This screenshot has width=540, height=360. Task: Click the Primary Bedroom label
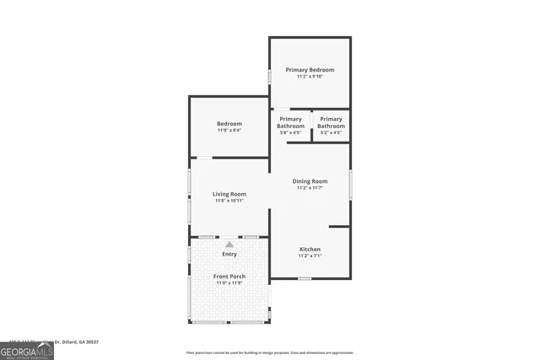pos(310,70)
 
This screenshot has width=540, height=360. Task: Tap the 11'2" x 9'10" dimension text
pos(310,77)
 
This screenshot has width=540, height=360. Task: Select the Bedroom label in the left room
pos(229,124)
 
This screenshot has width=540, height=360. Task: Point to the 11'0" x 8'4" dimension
pos(229,131)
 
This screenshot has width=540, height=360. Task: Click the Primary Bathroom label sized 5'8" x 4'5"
pos(290,123)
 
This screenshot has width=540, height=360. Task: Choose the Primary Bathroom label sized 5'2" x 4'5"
pos(331,123)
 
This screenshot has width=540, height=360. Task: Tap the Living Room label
pos(229,195)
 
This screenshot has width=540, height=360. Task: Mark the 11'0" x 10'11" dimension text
pos(229,201)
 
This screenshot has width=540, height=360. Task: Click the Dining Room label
pos(310,181)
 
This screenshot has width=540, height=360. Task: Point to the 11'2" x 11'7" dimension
pos(310,188)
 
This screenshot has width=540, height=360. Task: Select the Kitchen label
pos(310,249)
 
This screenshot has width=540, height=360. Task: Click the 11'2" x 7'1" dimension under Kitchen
pos(310,255)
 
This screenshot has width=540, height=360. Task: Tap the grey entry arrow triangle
pos(229,244)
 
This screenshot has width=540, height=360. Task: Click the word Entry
pos(229,254)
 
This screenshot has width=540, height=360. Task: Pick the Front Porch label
pos(229,277)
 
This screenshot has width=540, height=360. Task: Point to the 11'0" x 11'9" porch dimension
pos(229,283)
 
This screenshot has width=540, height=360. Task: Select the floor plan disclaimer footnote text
pos(269,352)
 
